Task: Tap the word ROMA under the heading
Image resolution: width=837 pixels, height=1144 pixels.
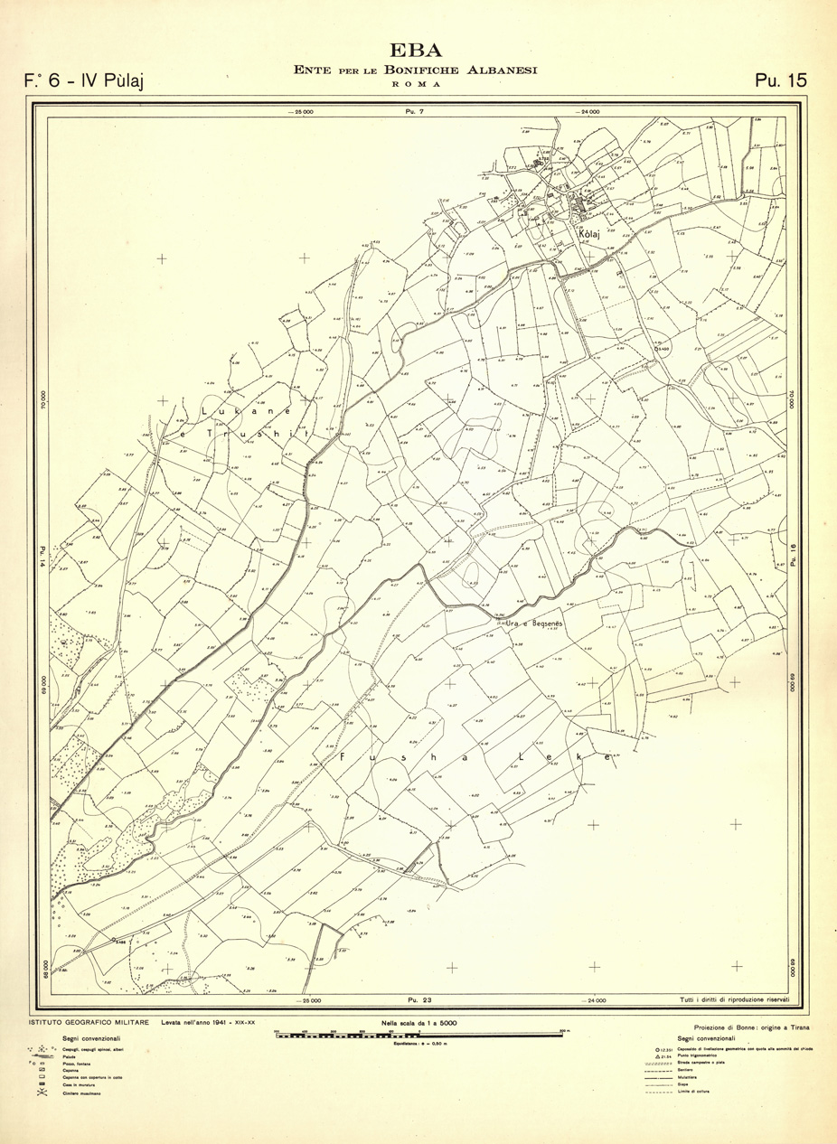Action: click(417, 83)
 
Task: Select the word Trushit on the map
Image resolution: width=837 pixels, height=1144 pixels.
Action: click(258, 435)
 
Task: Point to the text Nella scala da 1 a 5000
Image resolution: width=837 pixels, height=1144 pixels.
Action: click(418, 1022)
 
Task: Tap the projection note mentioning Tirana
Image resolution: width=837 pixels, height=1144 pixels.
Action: click(752, 1028)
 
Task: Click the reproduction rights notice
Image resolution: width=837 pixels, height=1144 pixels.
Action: click(734, 999)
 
